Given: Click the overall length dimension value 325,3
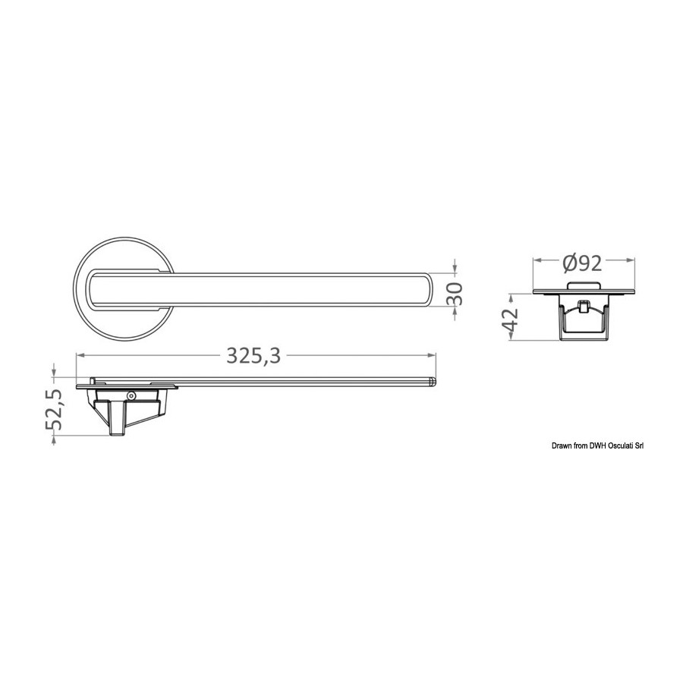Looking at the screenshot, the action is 253,356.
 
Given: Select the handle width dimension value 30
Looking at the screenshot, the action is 455,294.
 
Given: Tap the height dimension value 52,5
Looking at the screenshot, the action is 55,410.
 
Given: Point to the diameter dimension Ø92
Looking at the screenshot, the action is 582,263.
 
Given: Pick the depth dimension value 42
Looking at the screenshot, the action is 511,319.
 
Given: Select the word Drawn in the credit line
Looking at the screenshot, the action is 561,445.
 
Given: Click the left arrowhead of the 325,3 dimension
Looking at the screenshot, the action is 81,355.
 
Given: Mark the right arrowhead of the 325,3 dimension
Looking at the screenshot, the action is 431,355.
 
